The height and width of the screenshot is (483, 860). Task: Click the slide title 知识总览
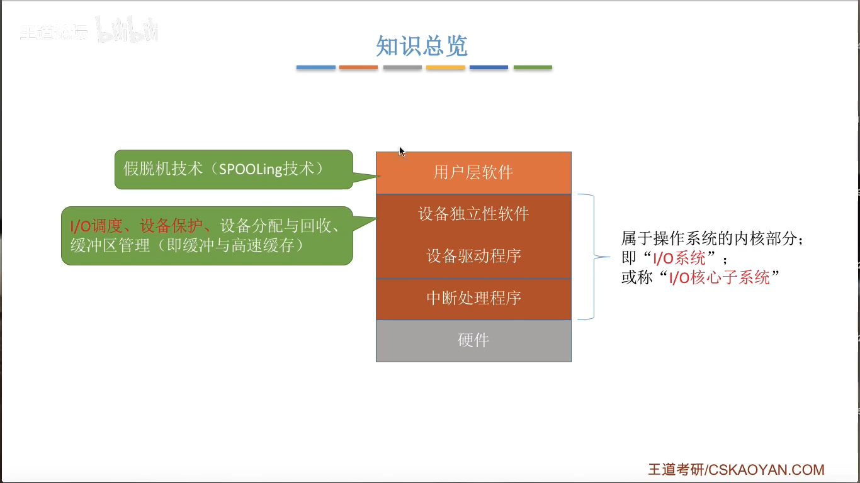[x=422, y=46]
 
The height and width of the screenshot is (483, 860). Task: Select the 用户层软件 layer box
[x=473, y=173]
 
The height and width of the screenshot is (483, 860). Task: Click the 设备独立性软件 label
[x=473, y=214]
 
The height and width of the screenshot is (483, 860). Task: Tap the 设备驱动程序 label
[x=473, y=256]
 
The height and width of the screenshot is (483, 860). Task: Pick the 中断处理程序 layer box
[x=473, y=298]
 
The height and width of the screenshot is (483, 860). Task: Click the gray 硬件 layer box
[x=473, y=340]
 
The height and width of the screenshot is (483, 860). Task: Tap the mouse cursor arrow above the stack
[x=402, y=152]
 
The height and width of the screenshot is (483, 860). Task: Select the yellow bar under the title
[x=446, y=67]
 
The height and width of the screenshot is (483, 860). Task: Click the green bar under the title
[x=533, y=67]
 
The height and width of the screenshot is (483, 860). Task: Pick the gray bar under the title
[x=402, y=67]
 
